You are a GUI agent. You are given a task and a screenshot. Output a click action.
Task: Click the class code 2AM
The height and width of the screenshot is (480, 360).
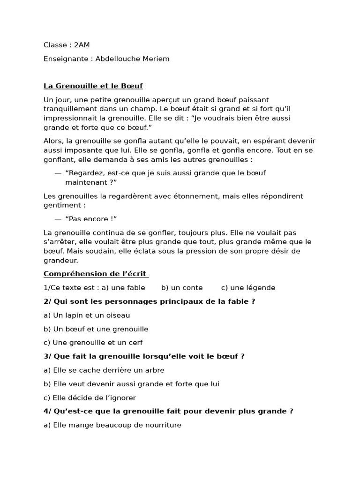[x=82, y=45]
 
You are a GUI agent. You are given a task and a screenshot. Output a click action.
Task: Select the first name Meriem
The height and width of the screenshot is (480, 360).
[x=157, y=59]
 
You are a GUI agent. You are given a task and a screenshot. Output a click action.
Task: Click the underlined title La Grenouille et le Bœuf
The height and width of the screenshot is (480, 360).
[x=93, y=86]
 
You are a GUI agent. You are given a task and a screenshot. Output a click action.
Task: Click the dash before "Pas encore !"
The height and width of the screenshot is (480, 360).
[x=58, y=219]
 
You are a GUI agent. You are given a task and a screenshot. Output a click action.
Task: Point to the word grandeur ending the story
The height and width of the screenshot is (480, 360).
[x=61, y=260]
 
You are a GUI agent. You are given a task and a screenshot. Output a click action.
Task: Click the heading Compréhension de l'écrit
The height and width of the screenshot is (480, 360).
[x=95, y=274]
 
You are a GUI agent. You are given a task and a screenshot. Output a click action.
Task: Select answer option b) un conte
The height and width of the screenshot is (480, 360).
[x=182, y=288]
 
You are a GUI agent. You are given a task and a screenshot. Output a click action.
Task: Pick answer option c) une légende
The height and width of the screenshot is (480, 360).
[x=248, y=288]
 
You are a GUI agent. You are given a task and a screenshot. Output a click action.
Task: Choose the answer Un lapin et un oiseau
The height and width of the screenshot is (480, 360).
[x=87, y=315]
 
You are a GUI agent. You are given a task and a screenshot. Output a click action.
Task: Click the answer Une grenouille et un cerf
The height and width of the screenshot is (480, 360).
[x=93, y=343]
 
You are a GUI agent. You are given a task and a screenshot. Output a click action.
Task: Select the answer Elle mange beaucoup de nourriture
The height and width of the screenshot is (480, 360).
[x=112, y=425]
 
